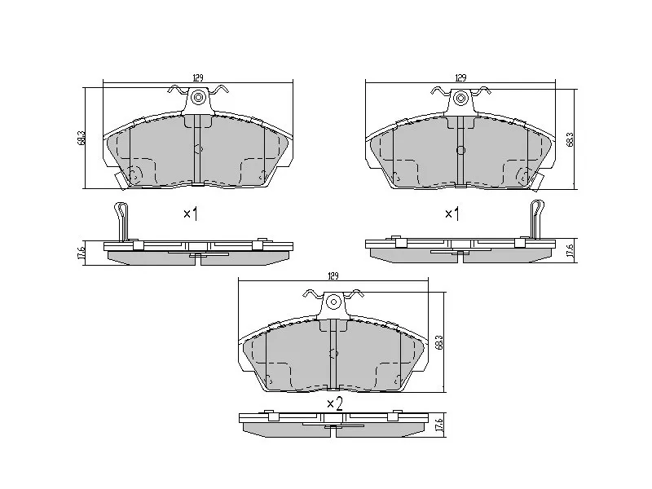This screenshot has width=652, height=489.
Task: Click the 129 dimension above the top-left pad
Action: [198, 77]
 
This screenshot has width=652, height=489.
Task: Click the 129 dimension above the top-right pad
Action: [460, 77]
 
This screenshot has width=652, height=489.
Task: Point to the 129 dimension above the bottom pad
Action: [333, 275]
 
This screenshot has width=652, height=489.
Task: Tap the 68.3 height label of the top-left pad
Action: [81, 138]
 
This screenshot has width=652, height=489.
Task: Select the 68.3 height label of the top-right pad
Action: [570, 139]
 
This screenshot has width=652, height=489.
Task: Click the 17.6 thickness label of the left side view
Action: [81, 253]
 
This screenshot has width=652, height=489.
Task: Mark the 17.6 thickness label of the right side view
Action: [570, 252]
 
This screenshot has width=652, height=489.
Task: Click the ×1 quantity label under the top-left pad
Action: [191, 214]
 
